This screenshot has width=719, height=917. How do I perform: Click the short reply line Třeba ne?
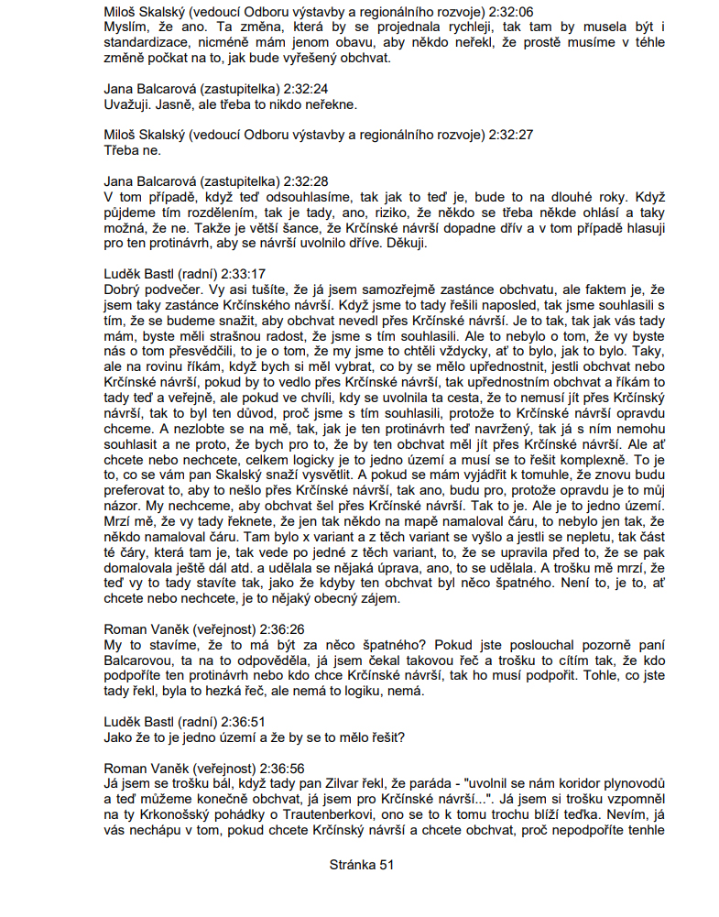pyautogui.click(x=133, y=149)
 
